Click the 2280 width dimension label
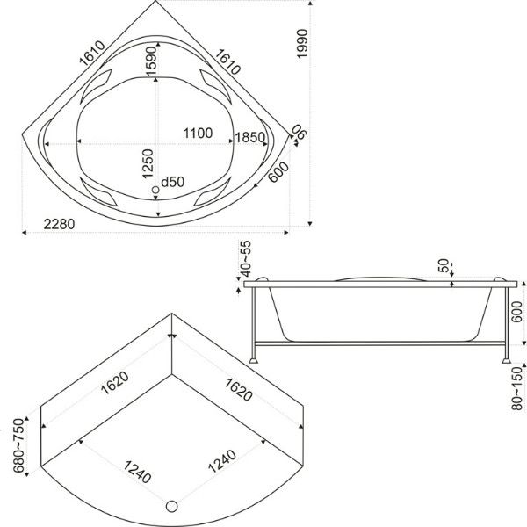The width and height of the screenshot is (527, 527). [59, 224]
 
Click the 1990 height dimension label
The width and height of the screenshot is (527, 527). [302, 44]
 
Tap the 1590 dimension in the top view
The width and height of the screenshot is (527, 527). [151, 61]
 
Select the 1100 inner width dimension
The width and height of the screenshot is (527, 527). [198, 134]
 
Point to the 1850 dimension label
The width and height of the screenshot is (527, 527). [250, 138]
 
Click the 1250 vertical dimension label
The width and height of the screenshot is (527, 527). [148, 163]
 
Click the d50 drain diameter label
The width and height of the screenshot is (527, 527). [173, 182]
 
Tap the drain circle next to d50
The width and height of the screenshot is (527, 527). [155, 190]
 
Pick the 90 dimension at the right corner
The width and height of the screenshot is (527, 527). [299, 132]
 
